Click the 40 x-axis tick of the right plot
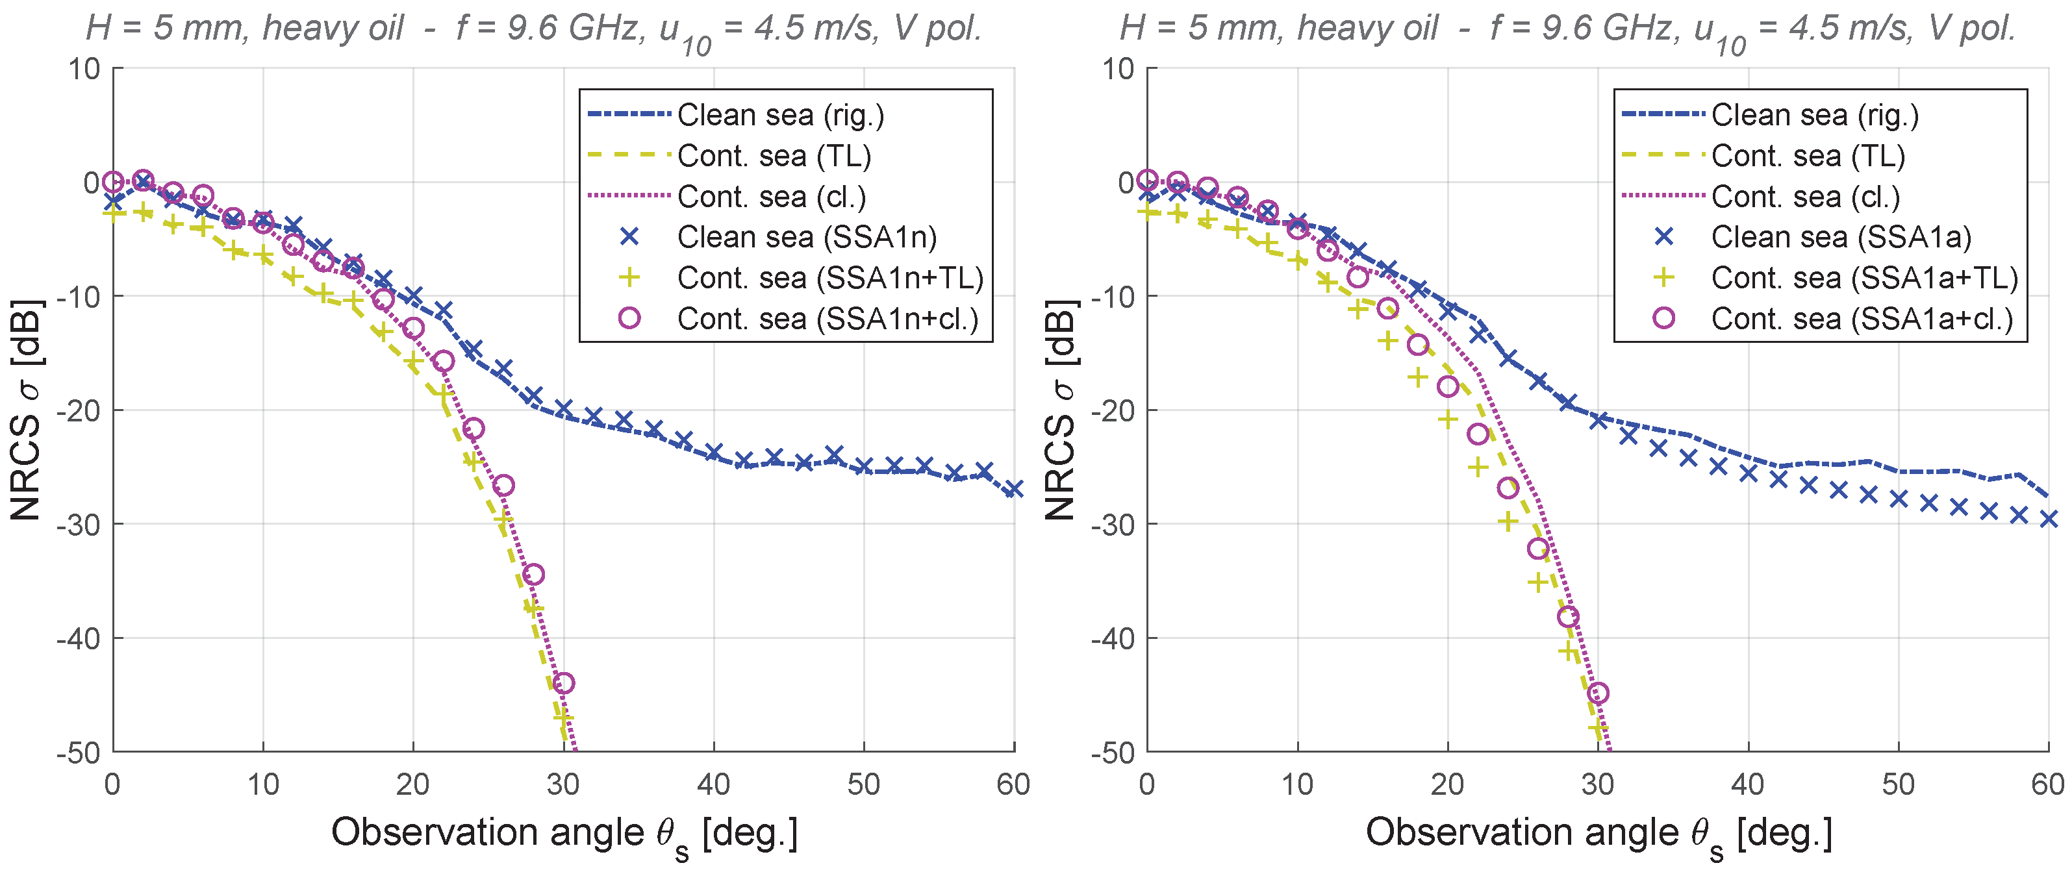(x=1748, y=784)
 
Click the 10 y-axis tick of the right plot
(x=1118, y=69)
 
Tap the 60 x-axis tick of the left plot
(x=1013, y=784)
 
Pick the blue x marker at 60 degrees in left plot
(x=1013, y=489)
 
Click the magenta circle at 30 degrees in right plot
(x=1598, y=693)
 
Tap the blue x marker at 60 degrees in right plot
(x=2049, y=519)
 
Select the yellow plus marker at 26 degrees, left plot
(x=503, y=523)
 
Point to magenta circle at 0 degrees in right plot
(x=1148, y=180)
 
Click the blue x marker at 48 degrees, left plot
(x=834, y=455)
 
